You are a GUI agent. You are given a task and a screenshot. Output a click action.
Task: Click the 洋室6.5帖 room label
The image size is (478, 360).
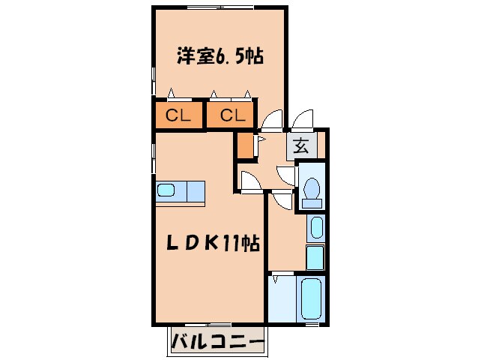tap(219, 56)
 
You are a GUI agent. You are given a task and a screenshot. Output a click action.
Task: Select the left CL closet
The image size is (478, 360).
tap(178, 116)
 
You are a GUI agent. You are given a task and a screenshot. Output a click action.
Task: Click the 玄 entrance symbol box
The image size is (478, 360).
tap(301, 147)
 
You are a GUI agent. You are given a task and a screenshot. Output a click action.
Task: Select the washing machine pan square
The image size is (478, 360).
tap(315, 257)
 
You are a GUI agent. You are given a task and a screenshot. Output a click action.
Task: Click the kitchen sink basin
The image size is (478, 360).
tap(166, 190)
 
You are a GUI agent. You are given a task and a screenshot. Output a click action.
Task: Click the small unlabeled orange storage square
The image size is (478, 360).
tap(244, 145)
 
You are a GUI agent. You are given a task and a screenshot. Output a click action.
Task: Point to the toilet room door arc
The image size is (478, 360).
tap(287, 173)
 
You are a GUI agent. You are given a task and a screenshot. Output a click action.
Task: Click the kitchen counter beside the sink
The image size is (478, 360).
tap(192, 192)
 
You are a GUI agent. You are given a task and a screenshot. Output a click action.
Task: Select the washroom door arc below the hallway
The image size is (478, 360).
tap(282, 200)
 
